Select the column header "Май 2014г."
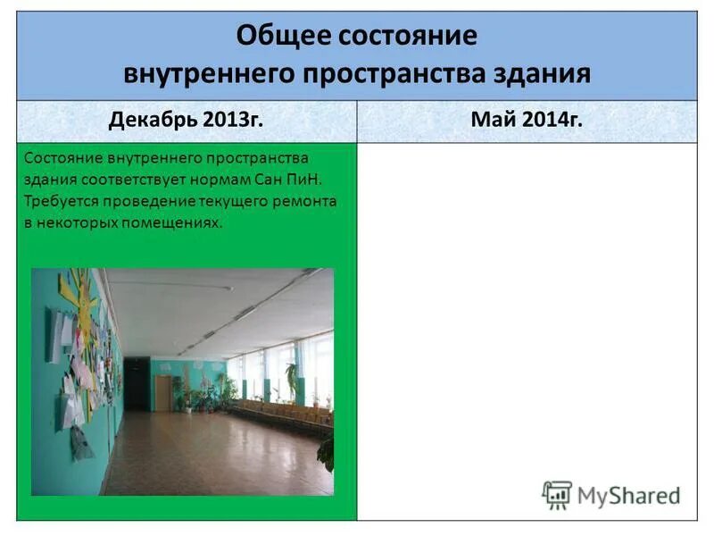tap(528, 121)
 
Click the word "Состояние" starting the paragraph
tap(62, 158)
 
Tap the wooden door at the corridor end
tap(163, 393)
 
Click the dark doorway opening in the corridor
tap(136, 384)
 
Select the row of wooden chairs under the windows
tap(277, 413)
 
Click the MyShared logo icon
tap(557, 494)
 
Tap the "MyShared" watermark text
tap(628, 495)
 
